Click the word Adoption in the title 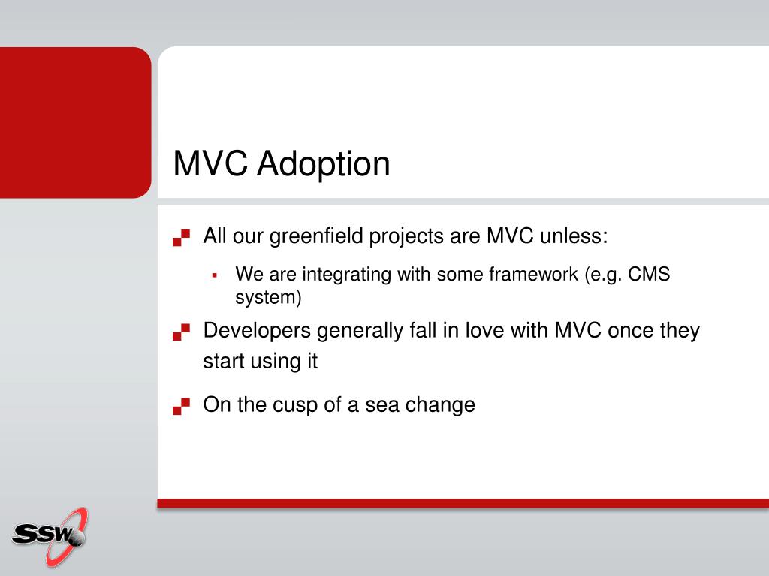pos(324,164)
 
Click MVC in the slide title pos(210,163)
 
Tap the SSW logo pos(50,536)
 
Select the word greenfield pos(316,236)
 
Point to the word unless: pos(574,235)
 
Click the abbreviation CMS pos(649,274)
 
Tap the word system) pos(268,297)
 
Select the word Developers pos(257,331)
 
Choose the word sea pos(381,405)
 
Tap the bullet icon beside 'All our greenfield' pos(181,237)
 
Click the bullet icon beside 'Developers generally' pos(181,331)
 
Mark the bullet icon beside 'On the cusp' pos(181,406)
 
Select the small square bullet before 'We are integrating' pos(214,275)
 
